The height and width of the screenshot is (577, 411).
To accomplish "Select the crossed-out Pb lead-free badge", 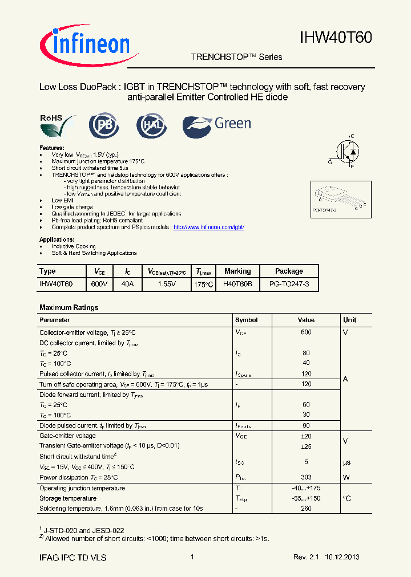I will tap(104, 125).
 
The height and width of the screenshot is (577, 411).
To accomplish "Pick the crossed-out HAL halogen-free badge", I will tap(151, 125).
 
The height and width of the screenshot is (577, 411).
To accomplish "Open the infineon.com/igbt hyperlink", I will tap(208, 227).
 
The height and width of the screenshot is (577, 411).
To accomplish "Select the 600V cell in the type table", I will tap(99, 284).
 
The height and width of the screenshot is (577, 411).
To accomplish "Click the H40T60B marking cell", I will tap(237, 284).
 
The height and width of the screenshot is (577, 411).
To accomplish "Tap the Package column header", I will tap(289, 271).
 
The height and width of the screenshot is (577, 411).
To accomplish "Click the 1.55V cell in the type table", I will tap(167, 284).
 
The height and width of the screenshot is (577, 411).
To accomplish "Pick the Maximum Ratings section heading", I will tap(68, 307).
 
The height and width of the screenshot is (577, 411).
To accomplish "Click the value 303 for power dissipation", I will tap(307, 477).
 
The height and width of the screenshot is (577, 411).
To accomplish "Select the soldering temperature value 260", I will tap(307, 508).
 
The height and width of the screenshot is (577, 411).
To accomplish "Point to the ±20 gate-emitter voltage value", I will tap(307, 436).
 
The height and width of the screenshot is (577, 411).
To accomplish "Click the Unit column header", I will tap(350, 320).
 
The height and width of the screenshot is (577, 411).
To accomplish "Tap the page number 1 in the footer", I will tap(192, 557).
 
